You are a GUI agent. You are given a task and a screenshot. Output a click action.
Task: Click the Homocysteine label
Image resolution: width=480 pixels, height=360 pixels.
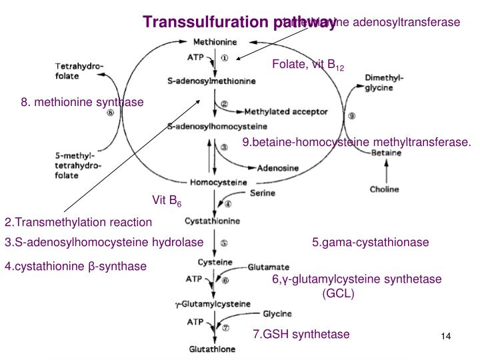tap(219, 182)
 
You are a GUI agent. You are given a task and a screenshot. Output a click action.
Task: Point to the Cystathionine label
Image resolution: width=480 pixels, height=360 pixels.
tap(213, 220)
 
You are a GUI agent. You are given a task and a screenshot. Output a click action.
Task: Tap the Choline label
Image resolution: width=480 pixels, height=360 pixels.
tap(385, 189)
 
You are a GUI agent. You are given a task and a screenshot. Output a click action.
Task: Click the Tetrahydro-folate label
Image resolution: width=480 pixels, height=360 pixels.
tap(75, 71)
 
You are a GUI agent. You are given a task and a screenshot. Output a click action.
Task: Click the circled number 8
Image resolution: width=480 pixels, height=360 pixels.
tap(111, 113)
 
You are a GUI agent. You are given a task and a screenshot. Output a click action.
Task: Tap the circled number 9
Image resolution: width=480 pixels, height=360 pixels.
tap(351, 115)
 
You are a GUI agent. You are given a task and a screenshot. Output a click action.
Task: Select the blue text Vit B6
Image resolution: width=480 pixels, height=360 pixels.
tap(167, 200)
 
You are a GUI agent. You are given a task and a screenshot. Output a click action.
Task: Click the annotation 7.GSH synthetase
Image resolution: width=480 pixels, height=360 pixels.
tap(301, 334)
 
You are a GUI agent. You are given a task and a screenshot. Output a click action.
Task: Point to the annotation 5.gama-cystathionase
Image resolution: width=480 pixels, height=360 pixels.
tap(370, 242)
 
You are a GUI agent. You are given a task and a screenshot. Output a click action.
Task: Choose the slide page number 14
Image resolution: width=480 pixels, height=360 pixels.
tap(446, 337)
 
